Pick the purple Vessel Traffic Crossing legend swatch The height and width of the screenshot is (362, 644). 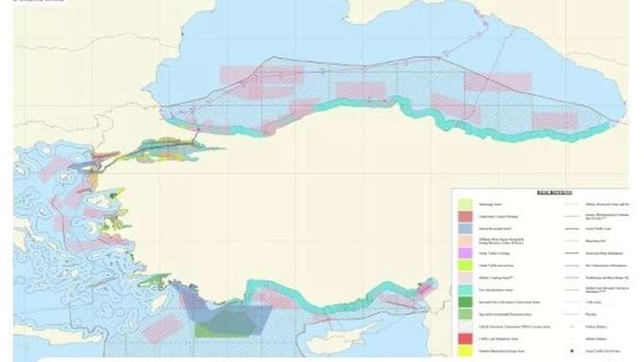coord(464,253)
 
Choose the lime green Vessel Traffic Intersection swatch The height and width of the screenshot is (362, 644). coord(464,265)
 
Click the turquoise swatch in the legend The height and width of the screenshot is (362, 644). coord(464,289)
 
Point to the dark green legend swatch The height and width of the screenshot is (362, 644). coord(464,301)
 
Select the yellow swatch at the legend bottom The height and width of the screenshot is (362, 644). coord(464,349)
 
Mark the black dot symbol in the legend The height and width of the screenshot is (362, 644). coord(573,349)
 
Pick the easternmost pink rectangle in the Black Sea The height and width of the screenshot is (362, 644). coord(555,120)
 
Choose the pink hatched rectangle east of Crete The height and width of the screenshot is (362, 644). coord(160,328)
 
